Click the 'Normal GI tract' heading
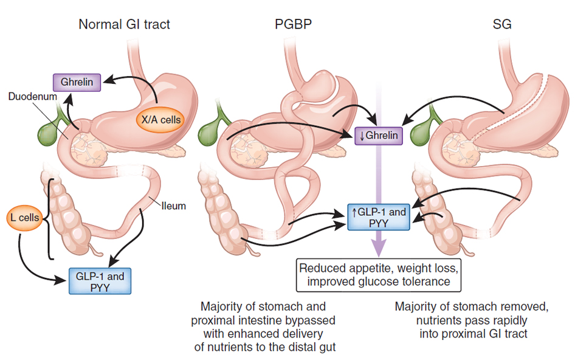coord(124,25)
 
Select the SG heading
coord(501,25)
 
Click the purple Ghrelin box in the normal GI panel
coord(76,82)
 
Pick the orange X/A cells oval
coord(161,120)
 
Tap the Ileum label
coord(174,206)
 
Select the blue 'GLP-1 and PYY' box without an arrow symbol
coord(100,282)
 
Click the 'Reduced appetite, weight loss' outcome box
coord(378,274)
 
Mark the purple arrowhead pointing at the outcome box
coord(378,250)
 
